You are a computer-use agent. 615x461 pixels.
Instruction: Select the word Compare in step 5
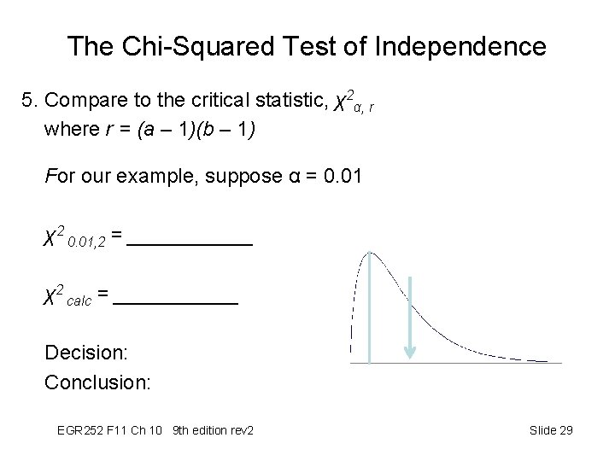pyautogui.click(x=82, y=101)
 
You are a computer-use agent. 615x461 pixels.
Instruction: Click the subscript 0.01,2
pyautogui.click(x=85, y=242)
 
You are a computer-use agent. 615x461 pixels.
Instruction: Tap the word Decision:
pyautogui.click(x=85, y=353)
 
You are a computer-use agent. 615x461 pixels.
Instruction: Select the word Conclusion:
pyautogui.click(x=97, y=382)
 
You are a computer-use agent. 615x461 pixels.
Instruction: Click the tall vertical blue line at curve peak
pyautogui.click(x=369, y=307)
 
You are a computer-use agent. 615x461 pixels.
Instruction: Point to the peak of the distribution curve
pyautogui.click(x=369, y=253)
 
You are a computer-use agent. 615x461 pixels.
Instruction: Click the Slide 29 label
pyautogui.click(x=551, y=430)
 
